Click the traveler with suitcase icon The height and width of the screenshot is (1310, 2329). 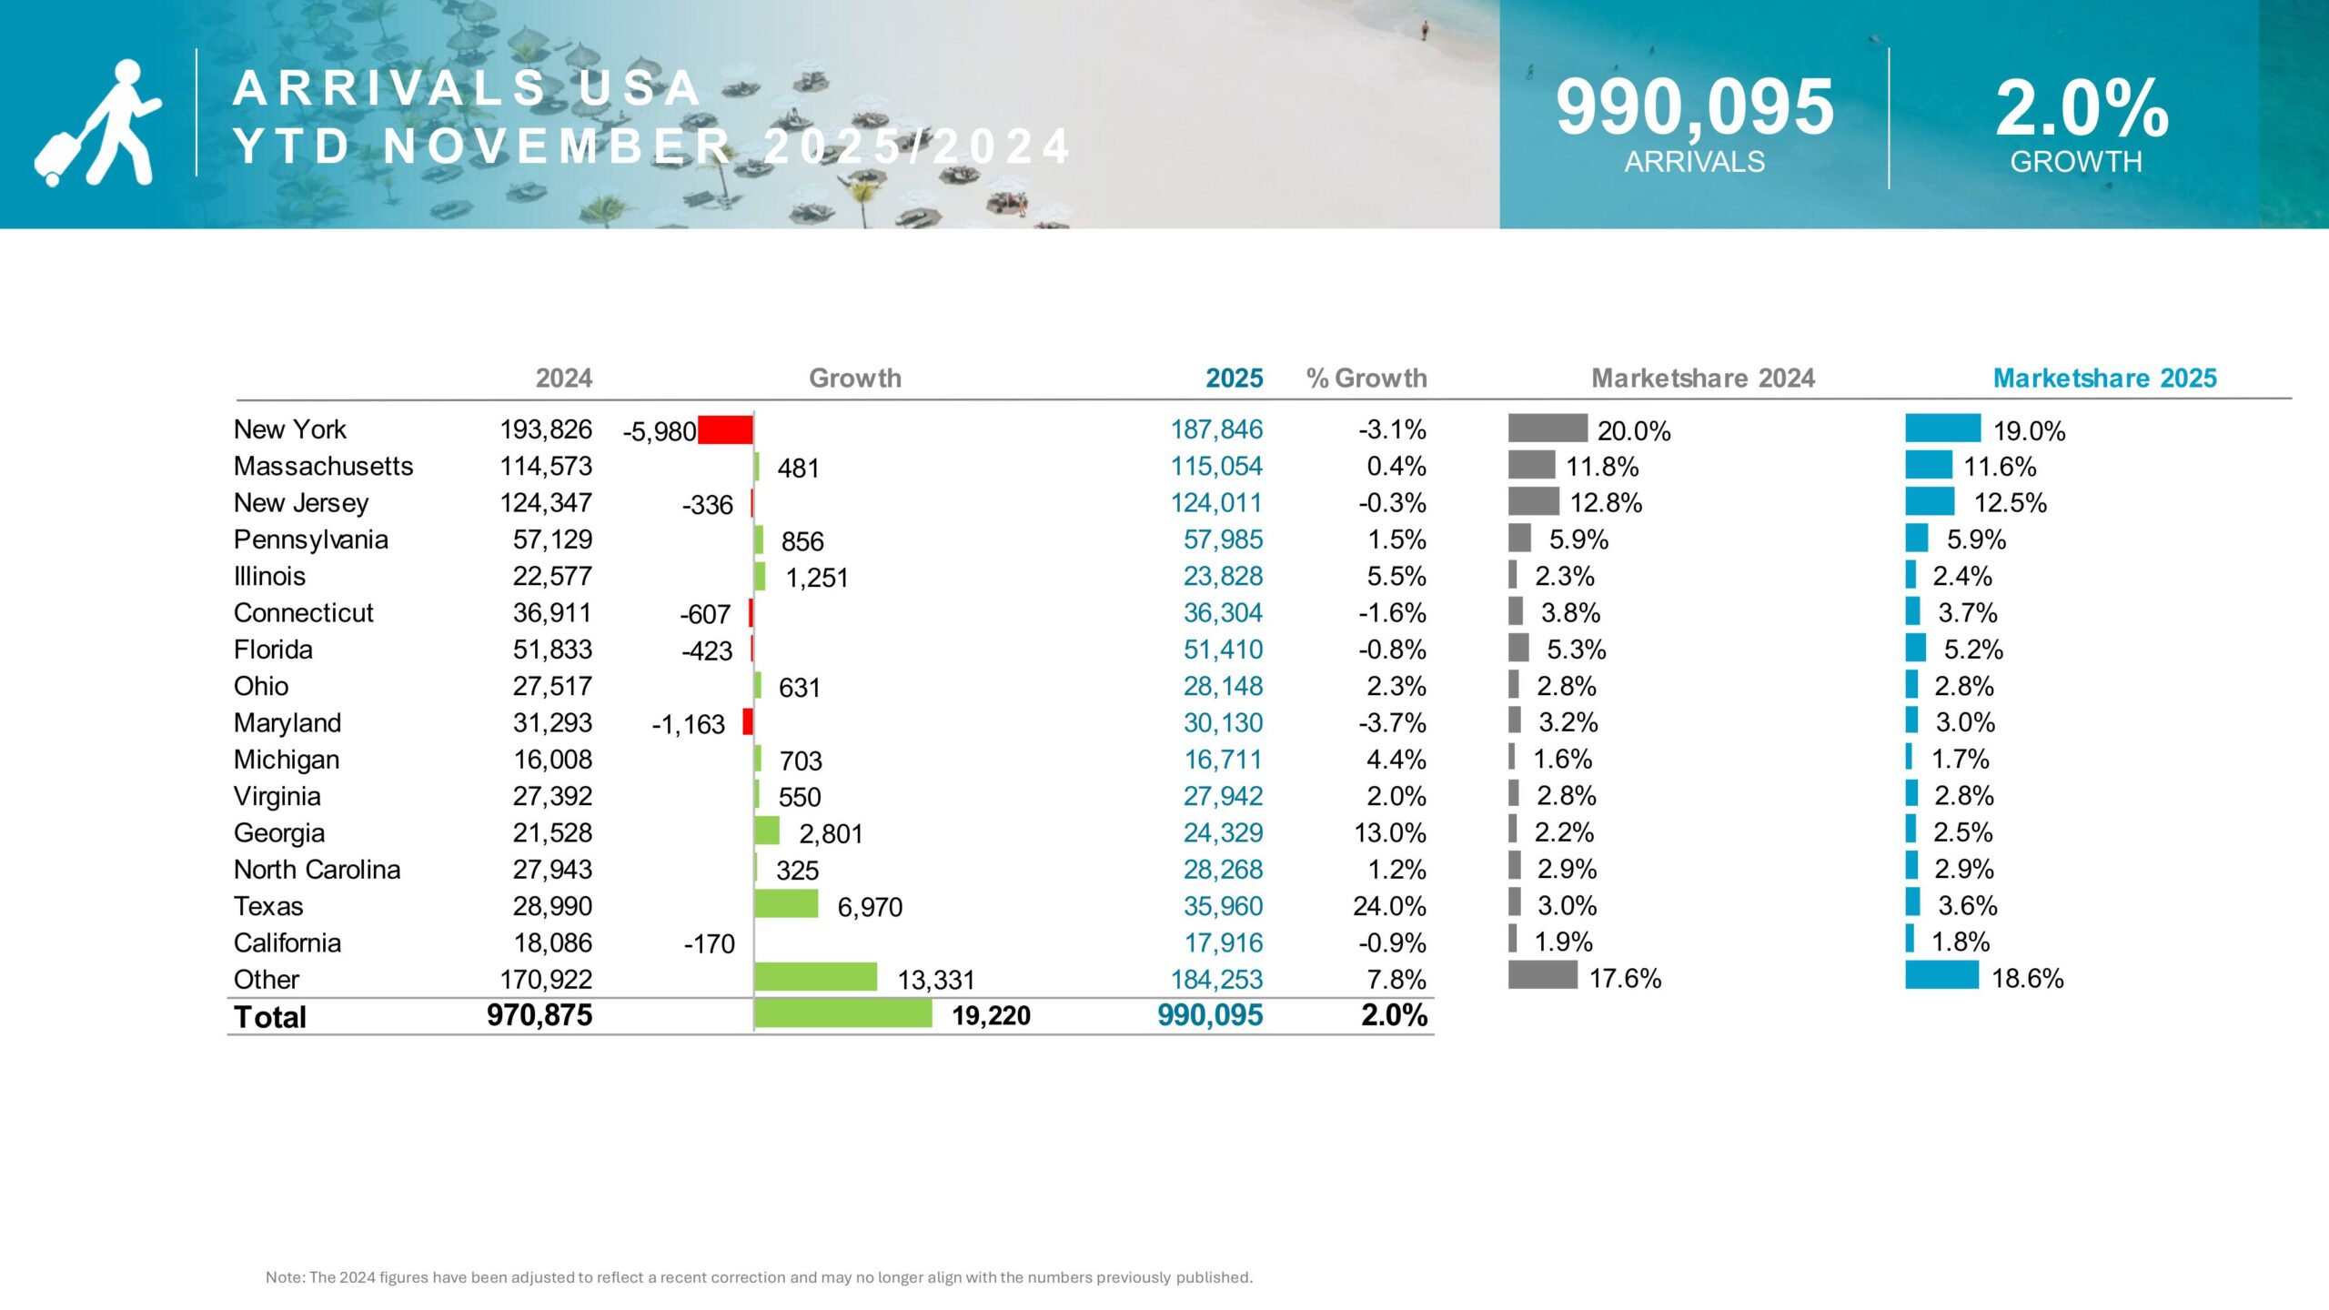click(x=98, y=123)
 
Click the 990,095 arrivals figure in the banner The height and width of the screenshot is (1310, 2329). click(x=1694, y=107)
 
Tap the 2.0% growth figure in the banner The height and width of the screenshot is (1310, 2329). click(x=2082, y=107)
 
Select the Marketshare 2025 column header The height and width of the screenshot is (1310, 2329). click(x=2104, y=378)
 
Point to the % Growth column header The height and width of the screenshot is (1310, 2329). click(x=1366, y=378)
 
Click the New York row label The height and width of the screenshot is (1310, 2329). click(x=290, y=429)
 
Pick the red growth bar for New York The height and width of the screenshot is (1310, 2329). click(x=725, y=429)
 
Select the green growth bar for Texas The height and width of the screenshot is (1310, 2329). click(x=786, y=904)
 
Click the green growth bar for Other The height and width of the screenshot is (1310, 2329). click(x=815, y=977)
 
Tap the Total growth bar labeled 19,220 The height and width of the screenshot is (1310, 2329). click(x=843, y=1013)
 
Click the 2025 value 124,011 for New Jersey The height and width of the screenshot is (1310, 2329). click(x=1216, y=503)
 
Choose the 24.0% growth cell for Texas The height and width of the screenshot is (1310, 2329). click(x=1389, y=906)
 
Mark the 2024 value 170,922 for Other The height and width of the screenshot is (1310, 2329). click(x=546, y=980)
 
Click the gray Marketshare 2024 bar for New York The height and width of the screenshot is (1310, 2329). click(x=1548, y=428)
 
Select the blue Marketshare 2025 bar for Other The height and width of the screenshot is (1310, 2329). click(x=1941, y=975)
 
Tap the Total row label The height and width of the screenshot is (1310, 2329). click(x=270, y=1017)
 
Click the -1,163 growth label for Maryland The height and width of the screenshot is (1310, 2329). click(x=688, y=724)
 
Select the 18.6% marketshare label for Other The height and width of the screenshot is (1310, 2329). click(x=2027, y=979)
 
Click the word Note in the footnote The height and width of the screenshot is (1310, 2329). click(x=284, y=1277)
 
